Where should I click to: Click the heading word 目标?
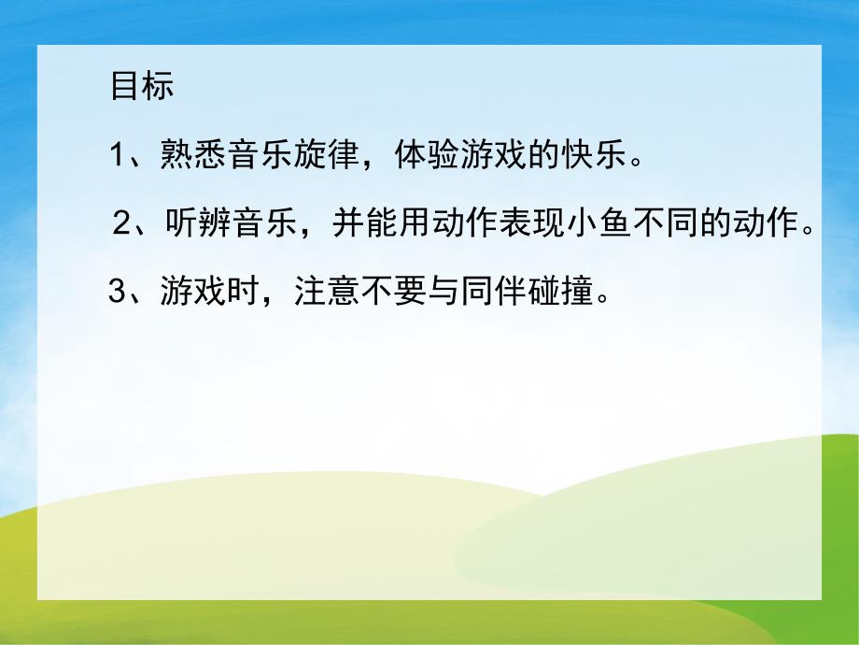142,88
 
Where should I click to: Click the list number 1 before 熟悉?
119,154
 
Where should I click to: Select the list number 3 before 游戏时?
118,293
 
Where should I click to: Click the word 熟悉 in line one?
185,154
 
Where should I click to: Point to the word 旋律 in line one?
327,154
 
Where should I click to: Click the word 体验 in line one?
424,154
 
